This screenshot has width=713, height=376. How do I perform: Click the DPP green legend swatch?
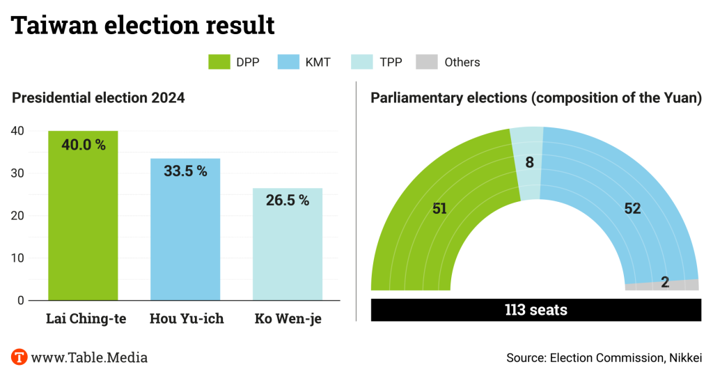(x=219, y=62)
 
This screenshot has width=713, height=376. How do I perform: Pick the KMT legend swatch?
(x=288, y=62)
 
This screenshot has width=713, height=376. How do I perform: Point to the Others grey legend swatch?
(x=426, y=62)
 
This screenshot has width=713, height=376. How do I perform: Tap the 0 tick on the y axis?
(x=21, y=301)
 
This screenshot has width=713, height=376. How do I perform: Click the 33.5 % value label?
(x=185, y=171)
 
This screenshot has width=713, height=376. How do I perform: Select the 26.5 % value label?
(x=288, y=201)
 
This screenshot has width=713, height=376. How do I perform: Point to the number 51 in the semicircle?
(x=439, y=208)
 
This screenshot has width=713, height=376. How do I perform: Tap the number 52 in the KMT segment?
(x=632, y=208)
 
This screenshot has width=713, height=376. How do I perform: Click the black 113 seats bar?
(x=536, y=310)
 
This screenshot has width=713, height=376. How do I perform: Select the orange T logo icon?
(x=19, y=357)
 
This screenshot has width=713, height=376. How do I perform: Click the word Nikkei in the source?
(x=685, y=358)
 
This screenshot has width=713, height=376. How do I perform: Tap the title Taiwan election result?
(x=143, y=26)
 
